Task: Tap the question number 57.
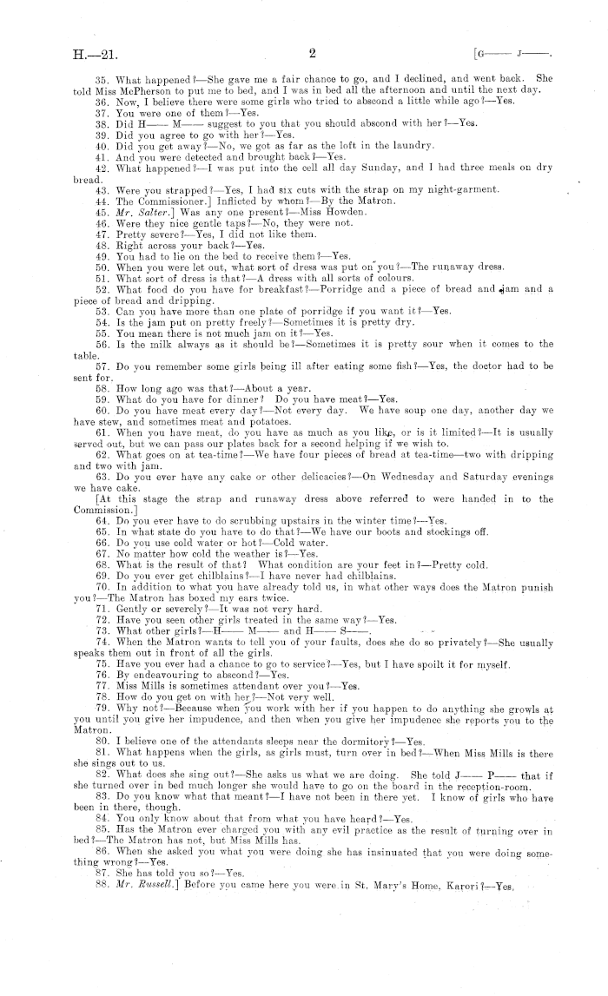point(102,368)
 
